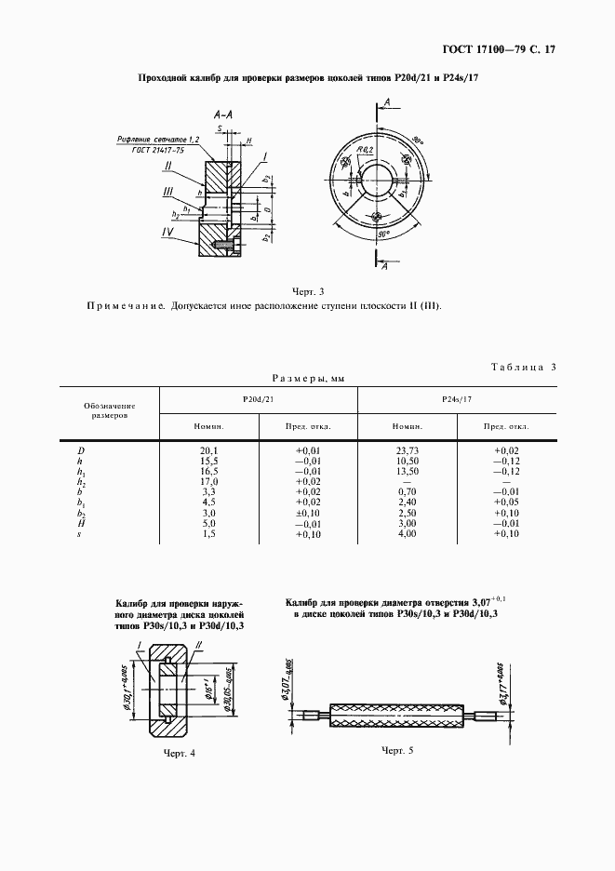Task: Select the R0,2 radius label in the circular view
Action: point(363,149)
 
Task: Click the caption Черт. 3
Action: point(308,290)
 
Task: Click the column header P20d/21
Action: point(258,398)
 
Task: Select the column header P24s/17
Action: point(458,398)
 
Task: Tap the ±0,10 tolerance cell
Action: point(307,513)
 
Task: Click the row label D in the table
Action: point(80,450)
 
